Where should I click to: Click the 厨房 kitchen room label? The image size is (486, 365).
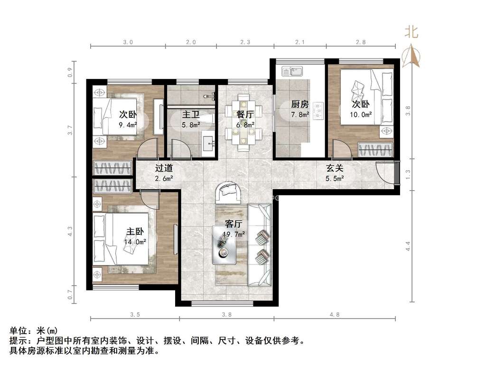[300, 104]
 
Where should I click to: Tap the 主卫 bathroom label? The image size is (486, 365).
[191, 115]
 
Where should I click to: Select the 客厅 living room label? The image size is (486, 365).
[234, 224]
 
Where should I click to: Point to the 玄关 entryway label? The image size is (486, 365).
[335, 168]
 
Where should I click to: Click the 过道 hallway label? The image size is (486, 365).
[164, 168]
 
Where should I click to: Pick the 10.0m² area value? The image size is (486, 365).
[361, 115]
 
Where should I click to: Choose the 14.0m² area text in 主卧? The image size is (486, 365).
[135, 242]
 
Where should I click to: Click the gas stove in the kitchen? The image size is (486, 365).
[318, 111]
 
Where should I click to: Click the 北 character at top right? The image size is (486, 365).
[411, 32]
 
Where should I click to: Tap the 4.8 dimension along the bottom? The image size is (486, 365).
[335, 315]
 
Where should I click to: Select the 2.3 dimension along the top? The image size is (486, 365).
[245, 42]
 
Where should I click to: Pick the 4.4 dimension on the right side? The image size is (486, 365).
[408, 246]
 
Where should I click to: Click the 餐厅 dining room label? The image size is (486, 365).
[245, 115]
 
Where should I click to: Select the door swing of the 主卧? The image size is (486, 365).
[150, 199]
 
